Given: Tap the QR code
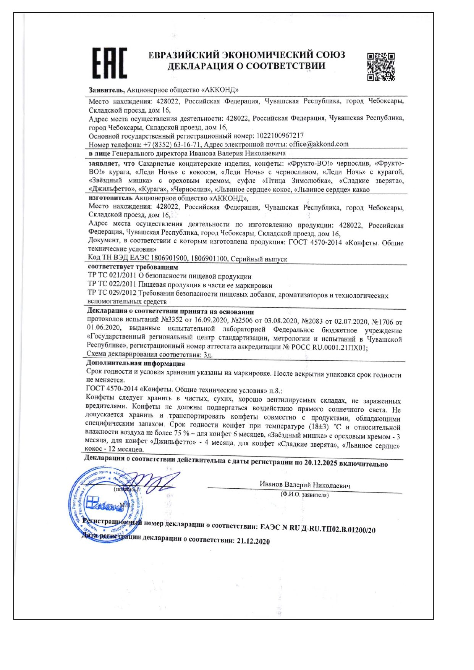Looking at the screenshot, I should [380, 66].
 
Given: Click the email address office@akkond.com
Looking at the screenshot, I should [319, 144].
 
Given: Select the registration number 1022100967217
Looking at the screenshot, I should [280, 136].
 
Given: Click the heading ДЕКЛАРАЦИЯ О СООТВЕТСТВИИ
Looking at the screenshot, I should [246, 66].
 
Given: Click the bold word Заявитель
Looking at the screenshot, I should [106, 90].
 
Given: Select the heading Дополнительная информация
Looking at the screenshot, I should [136, 363].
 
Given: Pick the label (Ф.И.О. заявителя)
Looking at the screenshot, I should [304, 495].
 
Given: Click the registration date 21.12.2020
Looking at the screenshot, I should [253, 541].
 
